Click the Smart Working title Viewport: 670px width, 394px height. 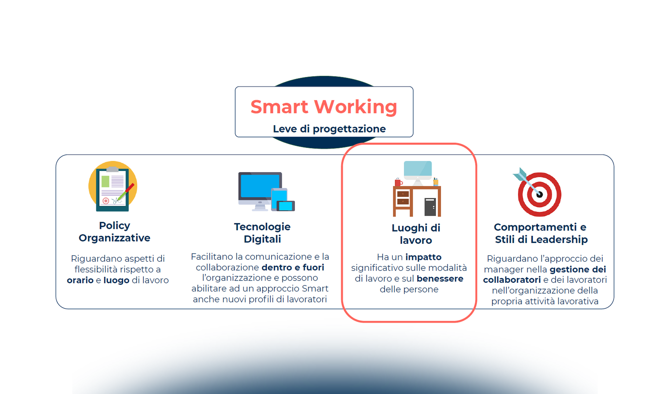pyautogui.click(x=324, y=107)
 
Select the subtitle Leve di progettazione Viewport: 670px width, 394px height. pyautogui.click(x=329, y=129)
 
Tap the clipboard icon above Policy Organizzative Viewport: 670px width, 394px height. pyautogui.click(x=113, y=186)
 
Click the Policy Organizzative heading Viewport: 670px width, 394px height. pyautogui.click(x=115, y=231)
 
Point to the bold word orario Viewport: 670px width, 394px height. pyautogui.click(x=80, y=280)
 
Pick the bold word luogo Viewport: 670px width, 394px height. pyautogui.click(x=116, y=280)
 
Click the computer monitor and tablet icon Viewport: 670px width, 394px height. pyautogui.click(x=266, y=191)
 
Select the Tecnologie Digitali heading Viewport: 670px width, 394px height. pyautogui.click(x=262, y=233)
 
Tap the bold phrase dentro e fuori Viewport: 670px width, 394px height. pyautogui.click(x=293, y=267)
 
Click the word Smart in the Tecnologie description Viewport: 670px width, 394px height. pyautogui.click(x=315, y=288)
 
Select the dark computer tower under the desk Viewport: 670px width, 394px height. pyautogui.click(x=430, y=207)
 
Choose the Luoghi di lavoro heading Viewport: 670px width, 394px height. pyautogui.click(x=416, y=234)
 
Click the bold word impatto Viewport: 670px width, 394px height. pyautogui.click(x=423, y=257)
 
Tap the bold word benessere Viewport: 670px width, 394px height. pyautogui.click(x=440, y=278)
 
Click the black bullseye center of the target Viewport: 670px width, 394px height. pyautogui.click(x=540, y=194)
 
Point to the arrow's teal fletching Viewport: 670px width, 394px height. pyautogui.click(x=520, y=174)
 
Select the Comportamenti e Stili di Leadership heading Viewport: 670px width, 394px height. pyautogui.click(x=541, y=233)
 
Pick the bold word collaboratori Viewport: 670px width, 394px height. pyautogui.click(x=512, y=280)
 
